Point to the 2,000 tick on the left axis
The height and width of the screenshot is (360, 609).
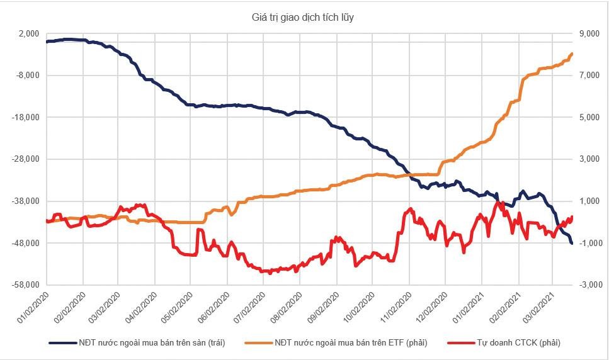coord(28,33)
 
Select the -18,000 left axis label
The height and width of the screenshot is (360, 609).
coord(26,118)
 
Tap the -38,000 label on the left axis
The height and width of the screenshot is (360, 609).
coord(26,201)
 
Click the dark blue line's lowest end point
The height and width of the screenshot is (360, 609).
coord(572,243)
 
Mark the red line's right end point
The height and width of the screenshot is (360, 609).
coord(572,217)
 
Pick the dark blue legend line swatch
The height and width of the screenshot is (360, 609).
coord(62,342)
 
